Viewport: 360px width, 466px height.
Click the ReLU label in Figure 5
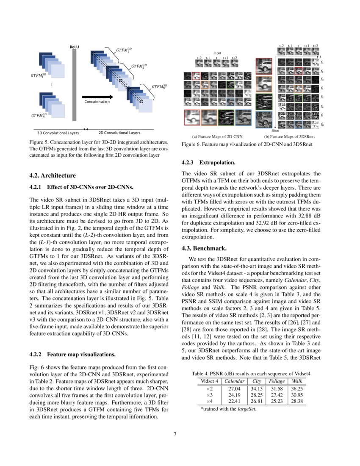coord(75,47)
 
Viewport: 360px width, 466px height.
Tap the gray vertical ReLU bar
coord(75,85)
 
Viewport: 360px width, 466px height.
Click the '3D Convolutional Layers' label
coord(55,133)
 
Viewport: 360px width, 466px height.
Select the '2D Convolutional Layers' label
coord(119,133)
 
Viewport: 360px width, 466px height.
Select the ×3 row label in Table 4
coord(209,395)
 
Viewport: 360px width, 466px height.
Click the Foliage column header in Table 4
coord(277,381)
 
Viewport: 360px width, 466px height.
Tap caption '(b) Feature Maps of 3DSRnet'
coord(289,137)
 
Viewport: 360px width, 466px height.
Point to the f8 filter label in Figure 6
coord(322,125)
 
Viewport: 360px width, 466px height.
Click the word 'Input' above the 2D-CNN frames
coord(217,53)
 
